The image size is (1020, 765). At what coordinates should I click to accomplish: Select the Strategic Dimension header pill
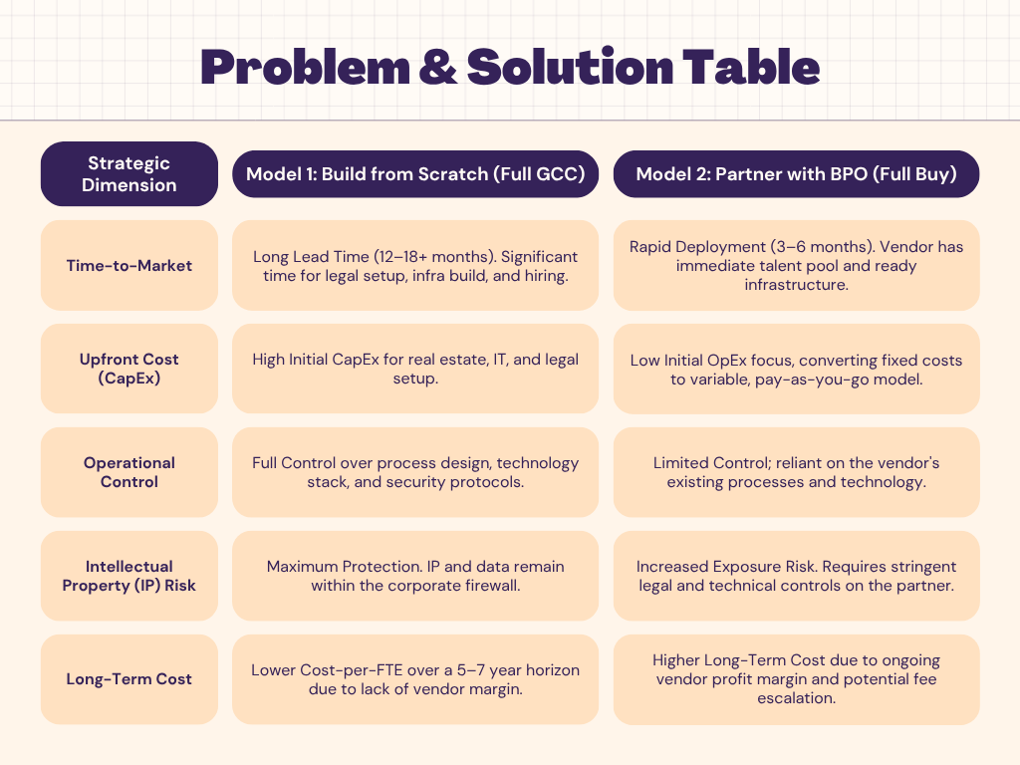point(129,174)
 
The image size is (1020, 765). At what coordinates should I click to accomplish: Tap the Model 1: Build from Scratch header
point(415,174)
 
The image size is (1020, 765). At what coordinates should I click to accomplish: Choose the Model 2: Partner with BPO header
point(796,174)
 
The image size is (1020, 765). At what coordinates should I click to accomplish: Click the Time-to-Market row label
point(129,265)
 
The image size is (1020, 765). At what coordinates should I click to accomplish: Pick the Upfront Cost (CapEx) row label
point(129,369)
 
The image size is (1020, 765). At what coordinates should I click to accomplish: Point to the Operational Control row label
point(129,472)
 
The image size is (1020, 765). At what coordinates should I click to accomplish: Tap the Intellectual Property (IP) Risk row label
point(129,576)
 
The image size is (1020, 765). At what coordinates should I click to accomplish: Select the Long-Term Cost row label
point(129,679)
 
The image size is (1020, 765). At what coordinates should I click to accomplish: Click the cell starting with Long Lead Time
point(415,265)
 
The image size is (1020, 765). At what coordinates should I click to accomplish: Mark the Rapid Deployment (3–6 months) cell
point(796,265)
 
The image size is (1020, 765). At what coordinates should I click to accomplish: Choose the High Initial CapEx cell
point(415,369)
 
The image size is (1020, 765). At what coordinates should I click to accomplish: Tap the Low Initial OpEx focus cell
point(796,369)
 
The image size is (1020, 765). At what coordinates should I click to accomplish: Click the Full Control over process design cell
point(415,472)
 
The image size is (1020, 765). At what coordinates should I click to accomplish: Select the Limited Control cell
point(796,472)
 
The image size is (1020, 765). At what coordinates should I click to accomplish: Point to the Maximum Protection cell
point(415,576)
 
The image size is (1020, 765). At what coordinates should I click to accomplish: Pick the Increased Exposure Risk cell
point(796,576)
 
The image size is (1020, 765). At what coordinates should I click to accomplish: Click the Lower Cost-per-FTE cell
point(415,679)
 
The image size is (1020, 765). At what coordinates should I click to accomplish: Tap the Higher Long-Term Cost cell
point(796,679)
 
